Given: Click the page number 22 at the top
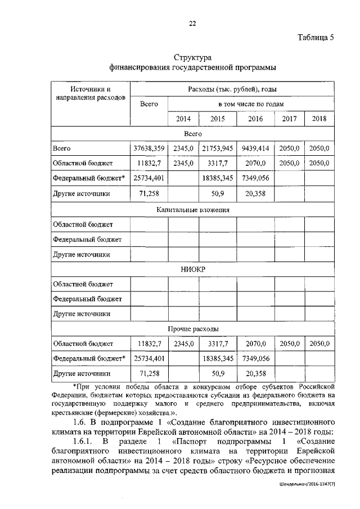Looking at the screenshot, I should tap(192, 23).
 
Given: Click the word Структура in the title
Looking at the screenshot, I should tap(192, 58).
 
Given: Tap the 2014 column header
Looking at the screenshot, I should tap(183, 119).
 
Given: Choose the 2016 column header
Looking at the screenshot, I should tap(255, 119).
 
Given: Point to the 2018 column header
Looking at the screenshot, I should tap(319, 119).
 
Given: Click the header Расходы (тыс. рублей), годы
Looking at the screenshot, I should tap(232, 89).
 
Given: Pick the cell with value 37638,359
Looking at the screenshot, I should tap(148, 148).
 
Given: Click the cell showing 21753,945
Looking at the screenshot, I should tap(217, 148).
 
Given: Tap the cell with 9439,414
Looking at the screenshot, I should tap(255, 148).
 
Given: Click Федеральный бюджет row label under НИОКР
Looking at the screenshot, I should tap(87, 299).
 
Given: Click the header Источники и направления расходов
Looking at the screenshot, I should tap(90, 93).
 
